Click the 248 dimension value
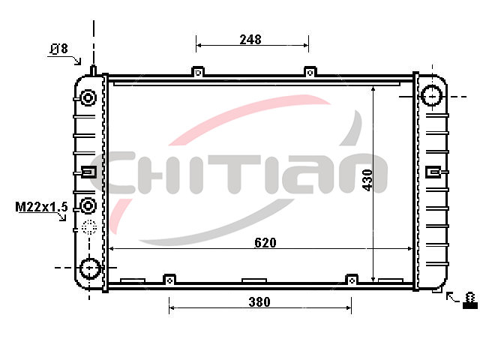(x=250, y=40)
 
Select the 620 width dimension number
(x=265, y=242)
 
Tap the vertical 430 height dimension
(x=367, y=180)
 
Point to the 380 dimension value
(x=259, y=301)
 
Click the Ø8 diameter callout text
(x=58, y=49)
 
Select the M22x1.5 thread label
(x=41, y=207)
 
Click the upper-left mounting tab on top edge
(x=198, y=72)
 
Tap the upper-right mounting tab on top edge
(x=310, y=72)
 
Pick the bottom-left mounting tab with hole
(x=170, y=280)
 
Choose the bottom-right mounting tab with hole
(x=352, y=280)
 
